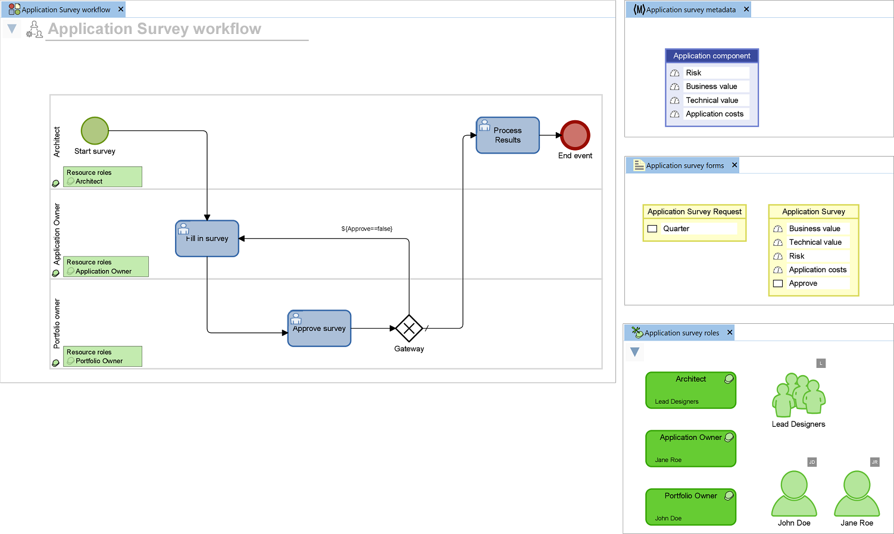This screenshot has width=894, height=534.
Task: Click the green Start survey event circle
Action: pyautogui.click(x=95, y=131)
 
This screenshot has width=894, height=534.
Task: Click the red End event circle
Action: pyautogui.click(x=575, y=135)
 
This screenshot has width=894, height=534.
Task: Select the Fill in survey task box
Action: pyautogui.click(x=207, y=239)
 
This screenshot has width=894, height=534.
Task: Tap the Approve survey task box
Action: pyautogui.click(x=319, y=329)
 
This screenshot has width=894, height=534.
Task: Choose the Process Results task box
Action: pyautogui.click(x=508, y=135)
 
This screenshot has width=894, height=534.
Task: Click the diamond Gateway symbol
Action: pyautogui.click(x=409, y=328)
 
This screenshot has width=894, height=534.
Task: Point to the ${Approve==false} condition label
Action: pyautogui.click(x=367, y=229)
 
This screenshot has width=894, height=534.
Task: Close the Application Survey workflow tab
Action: pyautogui.click(x=121, y=10)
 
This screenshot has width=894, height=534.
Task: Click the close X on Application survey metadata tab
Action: pyautogui.click(x=746, y=10)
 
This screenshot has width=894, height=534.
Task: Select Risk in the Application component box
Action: pyautogui.click(x=693, y=73)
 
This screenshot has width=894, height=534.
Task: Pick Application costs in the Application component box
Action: pyautogui.click(x=714, y=114)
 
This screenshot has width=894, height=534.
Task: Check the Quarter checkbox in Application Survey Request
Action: pyautogui.click(x=652, y=229)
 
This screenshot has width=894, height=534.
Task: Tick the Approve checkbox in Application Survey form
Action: pyautogui.click(x=778, y=283)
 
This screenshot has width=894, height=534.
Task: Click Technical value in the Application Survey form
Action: pyautogui.click(x=815, y=242)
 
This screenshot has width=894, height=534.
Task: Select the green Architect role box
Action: pyautogui.click(x=690, y=390)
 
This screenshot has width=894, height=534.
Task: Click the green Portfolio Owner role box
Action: pyautogui.click(x=690, y=507)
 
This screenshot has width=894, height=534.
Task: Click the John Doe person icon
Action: pyautogui.click(x=794, y=494)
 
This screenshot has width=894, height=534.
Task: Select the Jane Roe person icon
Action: pyautogui.click(x=857, y=494)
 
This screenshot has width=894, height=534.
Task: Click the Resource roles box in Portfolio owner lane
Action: pyautogui.click(x=102, y=356)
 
